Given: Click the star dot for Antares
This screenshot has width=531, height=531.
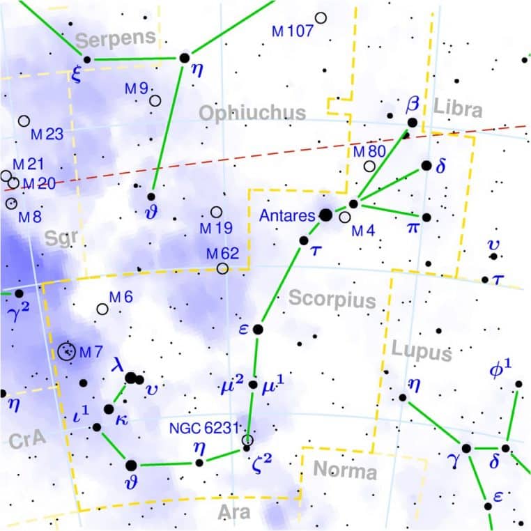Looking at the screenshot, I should click(x=325, y=215).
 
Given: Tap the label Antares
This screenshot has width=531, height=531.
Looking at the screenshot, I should click(x=288, y=216).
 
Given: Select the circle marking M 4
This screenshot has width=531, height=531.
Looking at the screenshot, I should click(x=345, y=217).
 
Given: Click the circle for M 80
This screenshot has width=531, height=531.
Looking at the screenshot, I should click(x=369, y=166).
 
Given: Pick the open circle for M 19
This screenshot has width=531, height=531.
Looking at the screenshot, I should click(x=216, y=212).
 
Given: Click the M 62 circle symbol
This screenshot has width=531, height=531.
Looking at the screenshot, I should click(x=222, y=268).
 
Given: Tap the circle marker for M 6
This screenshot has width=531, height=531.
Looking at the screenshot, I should click(x=103, y=309).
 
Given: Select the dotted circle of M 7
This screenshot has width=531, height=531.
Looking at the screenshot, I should click(x=68, y=351).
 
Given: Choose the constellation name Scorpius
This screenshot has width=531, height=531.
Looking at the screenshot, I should click(x=323, y=299).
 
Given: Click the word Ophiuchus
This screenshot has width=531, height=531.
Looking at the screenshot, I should click(x=252, y=113).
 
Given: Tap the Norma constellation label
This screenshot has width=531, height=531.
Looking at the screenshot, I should click(x=344, y=471).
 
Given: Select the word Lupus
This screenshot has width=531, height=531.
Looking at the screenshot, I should click(x=421, y=352).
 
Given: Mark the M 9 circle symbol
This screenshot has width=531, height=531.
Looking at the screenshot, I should click(x=155, y=100).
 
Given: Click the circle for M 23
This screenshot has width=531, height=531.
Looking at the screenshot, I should click(x=24, y=121).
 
